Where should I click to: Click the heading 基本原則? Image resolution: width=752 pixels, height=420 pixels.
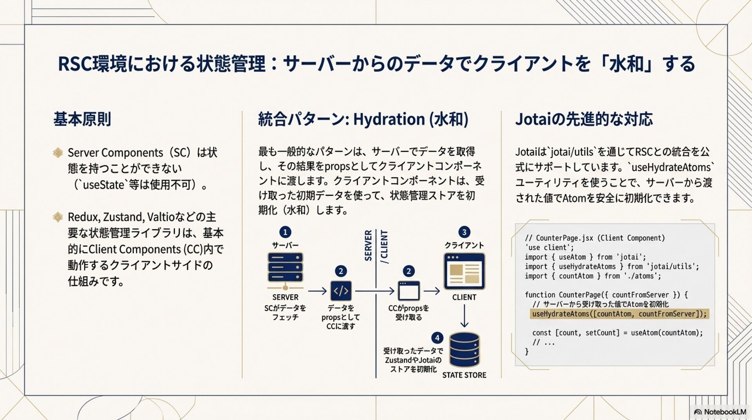click(x=82, y=119)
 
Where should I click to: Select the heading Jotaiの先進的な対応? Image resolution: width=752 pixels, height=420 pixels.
click(x=584, y=119)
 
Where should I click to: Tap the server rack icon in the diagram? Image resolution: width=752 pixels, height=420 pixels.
click(x=285, y=268)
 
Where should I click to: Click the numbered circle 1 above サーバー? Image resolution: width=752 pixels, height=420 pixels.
click(x=285, y=232)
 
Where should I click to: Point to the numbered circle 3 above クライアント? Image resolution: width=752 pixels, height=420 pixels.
click(x=464, y=232)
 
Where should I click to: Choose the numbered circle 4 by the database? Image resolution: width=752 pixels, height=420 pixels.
click(x=437, y=338)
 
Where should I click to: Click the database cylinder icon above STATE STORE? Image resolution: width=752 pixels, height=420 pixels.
click(x=464, y=349)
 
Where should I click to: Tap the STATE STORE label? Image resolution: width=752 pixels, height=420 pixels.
click(x=464, y=375)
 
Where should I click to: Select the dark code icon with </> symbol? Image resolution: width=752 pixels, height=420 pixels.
click(x=341, y=291)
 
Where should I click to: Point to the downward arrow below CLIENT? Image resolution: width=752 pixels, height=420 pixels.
click(x=464, y=316)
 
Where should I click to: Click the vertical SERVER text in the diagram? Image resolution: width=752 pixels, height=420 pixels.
click(x=368, y=246)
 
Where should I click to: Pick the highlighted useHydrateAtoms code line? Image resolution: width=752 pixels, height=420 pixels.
click(x=619, y=314)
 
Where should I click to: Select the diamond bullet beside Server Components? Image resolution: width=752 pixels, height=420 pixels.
click(x=58, y=152)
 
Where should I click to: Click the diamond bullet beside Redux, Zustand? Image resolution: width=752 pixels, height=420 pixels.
click(x=58, y=217)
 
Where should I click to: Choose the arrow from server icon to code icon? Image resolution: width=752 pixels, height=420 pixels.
click(x=317, y=291)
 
